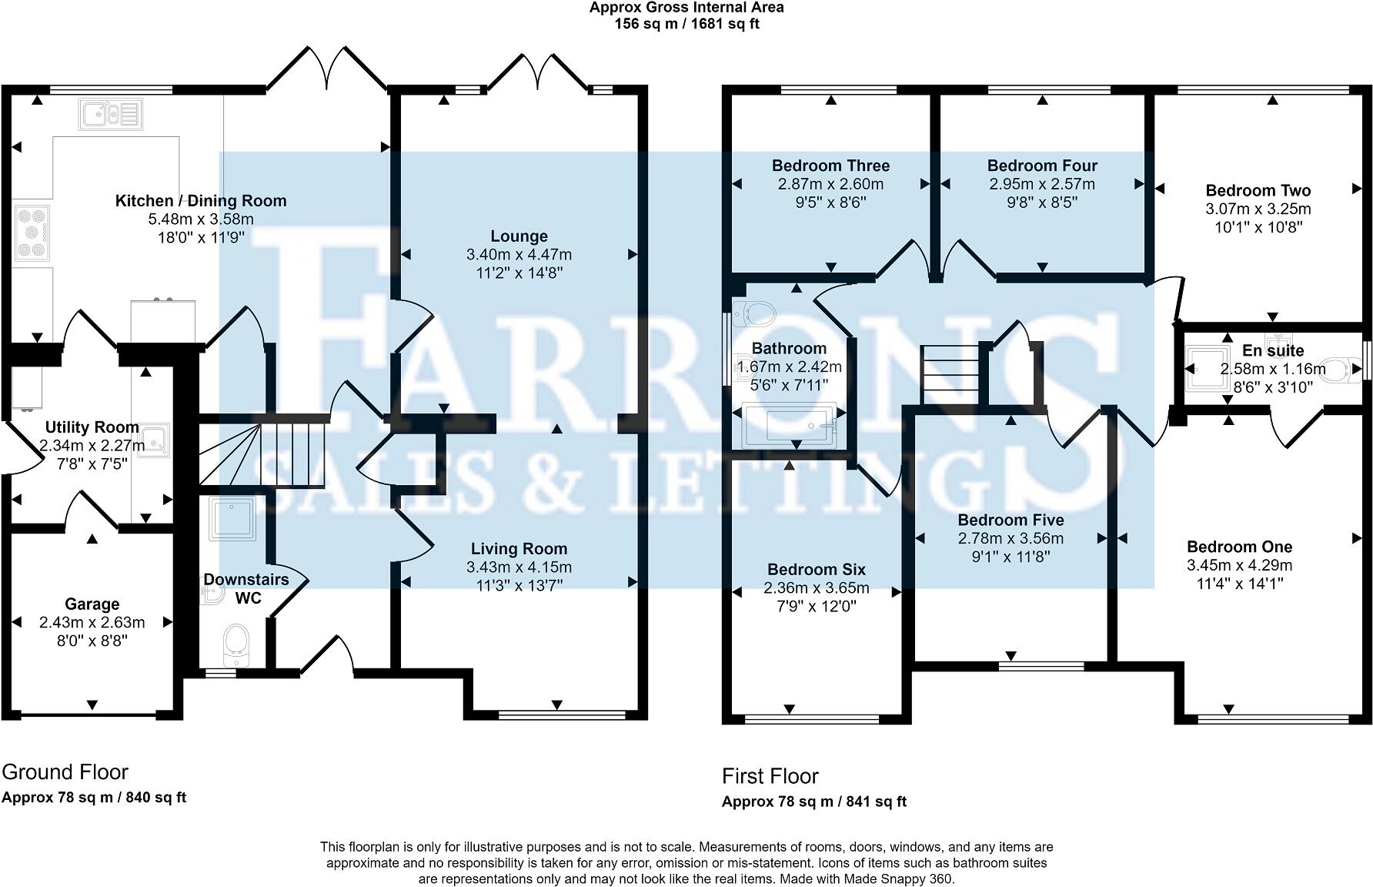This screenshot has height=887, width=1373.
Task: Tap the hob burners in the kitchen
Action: [x=32, y=232]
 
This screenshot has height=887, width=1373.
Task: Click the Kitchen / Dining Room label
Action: [x=200, y=201]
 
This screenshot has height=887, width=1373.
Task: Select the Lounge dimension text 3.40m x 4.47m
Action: [x=519, y=255]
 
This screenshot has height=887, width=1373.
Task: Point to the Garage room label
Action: [x=92, y=604]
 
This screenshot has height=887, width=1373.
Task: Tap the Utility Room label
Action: [x=92, y=427]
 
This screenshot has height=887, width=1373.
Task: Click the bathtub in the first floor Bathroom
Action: [x=790, y=423]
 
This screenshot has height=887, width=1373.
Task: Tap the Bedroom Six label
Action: [x=816, y=570]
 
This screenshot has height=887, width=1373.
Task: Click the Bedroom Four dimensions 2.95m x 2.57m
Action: [x=1041, y=185]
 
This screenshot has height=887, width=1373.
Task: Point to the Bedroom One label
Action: [x=1239, y=547]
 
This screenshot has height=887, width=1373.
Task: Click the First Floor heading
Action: [x=770, y=776]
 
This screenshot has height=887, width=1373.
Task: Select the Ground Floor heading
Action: [x=65, y=772]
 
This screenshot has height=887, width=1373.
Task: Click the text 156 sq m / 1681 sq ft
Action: [x=686, y=24]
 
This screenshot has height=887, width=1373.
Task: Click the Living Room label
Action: [x=519, y=549]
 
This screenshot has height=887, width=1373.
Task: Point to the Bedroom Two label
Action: [x=1258, y=191]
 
